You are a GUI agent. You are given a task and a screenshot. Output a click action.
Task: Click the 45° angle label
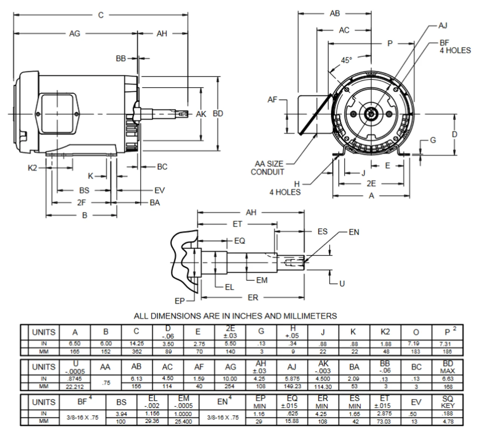346,60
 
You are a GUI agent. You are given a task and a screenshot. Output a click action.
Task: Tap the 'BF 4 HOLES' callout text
455,47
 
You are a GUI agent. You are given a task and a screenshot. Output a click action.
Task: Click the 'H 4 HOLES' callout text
285,188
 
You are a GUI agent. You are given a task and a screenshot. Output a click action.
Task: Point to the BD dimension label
218,114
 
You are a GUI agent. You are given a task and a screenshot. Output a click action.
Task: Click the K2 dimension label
33,168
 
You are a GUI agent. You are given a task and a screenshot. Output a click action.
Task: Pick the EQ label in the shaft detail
239,241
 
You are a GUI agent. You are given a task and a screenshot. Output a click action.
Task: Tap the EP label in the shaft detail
180,301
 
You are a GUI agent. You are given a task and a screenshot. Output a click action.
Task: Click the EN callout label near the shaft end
354,232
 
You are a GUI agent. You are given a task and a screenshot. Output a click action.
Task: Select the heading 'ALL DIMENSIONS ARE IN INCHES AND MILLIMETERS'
235,316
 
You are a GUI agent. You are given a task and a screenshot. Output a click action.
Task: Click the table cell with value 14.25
137,344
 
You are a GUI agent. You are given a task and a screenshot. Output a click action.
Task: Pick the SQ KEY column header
448,402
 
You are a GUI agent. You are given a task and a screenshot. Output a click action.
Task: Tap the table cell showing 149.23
292,387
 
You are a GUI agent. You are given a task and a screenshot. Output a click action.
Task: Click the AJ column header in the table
292,367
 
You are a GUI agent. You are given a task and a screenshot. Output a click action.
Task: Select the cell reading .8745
75,379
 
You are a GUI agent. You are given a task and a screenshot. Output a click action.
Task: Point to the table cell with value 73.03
384,422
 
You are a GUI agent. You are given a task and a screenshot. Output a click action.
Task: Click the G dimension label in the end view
433,140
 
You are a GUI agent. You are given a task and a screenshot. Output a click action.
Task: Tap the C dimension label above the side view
101,15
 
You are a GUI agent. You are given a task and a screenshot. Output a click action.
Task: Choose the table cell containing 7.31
448,344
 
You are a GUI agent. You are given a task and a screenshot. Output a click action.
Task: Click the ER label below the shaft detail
253,297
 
